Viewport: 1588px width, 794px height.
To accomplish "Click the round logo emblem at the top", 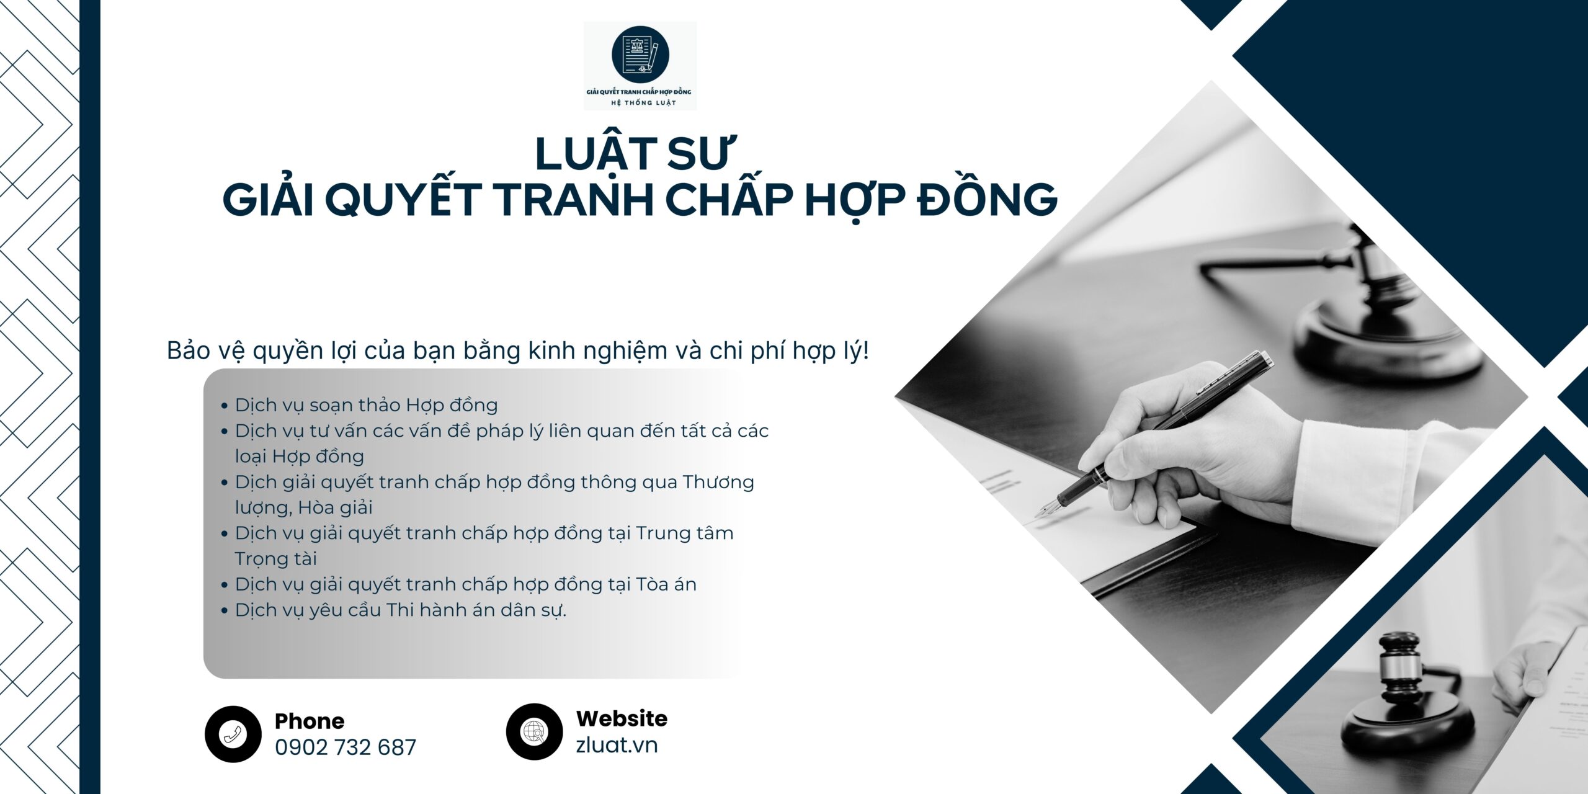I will [640, 54].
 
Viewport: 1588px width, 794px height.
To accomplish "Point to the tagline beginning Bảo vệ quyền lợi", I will [518, 352].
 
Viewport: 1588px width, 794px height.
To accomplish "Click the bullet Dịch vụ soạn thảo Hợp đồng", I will [366, 405].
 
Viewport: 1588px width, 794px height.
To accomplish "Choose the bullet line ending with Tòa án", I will [465, 584].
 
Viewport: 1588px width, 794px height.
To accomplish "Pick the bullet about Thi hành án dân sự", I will [401, 610].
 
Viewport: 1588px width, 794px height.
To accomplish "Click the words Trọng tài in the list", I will [276, 559].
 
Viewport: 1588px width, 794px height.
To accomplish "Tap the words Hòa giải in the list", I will [336, 507].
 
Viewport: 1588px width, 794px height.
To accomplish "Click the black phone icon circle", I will [233, 734].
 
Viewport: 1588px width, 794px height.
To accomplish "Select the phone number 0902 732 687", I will [346, 747].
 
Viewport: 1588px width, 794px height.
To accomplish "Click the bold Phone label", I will [310, 721].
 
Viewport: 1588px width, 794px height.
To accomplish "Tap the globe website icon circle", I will [534, 731].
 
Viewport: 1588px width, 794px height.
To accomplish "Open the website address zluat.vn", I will [617, 745].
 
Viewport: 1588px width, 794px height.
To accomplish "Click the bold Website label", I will [622, 718].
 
